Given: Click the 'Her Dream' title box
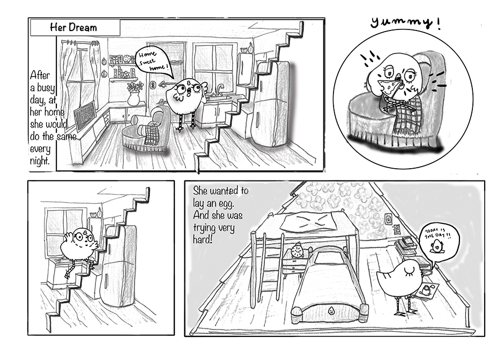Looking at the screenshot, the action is point(75,27).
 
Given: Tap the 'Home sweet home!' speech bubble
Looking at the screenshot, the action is point(152,62).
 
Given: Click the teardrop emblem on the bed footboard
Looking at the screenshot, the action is point(330,310).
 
